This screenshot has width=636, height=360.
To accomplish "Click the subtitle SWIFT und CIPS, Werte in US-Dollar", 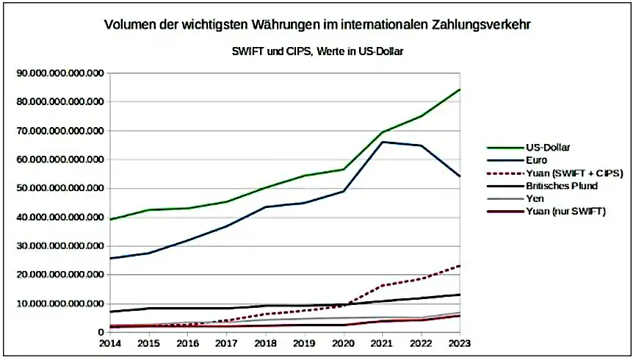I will tap(317, 51).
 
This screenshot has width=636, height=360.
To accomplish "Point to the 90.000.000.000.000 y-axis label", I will tap(62, 73).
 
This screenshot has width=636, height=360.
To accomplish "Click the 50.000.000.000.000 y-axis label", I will tap(62, 188).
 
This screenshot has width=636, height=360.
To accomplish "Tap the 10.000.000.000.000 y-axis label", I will tap(62, 303).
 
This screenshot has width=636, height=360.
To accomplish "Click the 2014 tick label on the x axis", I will tap(109, 343).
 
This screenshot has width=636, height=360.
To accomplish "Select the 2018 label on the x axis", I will tap(265, 343).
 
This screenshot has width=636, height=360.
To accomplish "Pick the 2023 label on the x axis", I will tap(460, 343).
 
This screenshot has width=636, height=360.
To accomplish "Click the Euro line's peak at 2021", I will tap(382, 142).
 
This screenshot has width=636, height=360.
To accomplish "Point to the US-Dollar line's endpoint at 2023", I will tap(460, 89).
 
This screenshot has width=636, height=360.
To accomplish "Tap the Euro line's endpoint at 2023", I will tap(460, 176).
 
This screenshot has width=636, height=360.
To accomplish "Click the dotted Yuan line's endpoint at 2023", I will tap(460, 265).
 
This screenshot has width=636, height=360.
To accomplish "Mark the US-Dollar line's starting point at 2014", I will tap(109, 219).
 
